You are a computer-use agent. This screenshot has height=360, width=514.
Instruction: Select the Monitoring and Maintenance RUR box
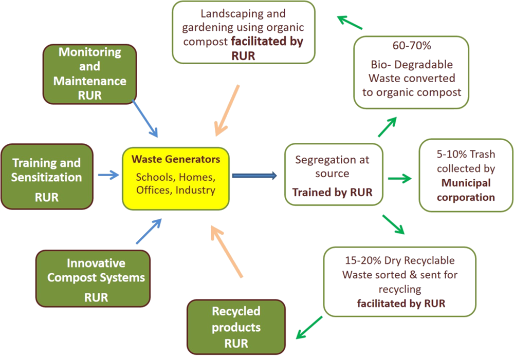[89, 73]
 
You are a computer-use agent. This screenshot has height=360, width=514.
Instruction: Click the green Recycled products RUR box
[236, 327]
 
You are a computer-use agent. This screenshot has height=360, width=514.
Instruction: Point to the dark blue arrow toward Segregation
[254, 176]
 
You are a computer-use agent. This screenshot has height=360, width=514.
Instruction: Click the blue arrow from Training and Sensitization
[108, 175]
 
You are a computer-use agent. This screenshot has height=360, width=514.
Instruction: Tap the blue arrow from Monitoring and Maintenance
[145, 118]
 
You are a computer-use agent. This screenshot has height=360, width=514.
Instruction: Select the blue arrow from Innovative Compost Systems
[149, 231]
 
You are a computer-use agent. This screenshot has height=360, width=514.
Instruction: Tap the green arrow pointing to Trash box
[399, 179]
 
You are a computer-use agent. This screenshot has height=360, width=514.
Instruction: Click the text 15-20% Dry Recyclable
[399, 261]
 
